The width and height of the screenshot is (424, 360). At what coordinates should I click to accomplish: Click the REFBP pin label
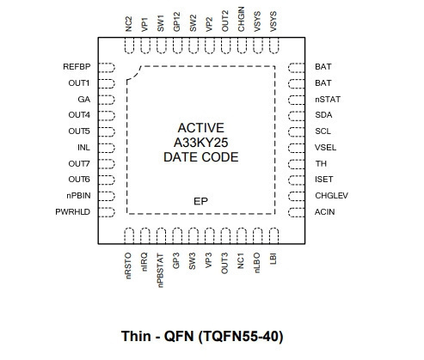[x=77, y=67]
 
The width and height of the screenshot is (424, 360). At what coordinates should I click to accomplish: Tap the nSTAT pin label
[x=328, y=100]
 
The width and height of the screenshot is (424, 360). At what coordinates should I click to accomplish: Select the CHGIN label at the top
[x=242, y=19]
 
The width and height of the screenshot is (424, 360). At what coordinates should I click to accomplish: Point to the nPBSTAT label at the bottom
[x=160, y=270]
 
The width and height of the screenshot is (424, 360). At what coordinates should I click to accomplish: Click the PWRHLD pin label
[x=73, y=212]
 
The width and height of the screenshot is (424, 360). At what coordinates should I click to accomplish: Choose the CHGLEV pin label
[x=331, y=196]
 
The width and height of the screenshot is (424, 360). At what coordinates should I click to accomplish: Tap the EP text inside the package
[x=200, y=201]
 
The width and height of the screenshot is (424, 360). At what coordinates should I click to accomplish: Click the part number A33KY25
[x=200, y=143]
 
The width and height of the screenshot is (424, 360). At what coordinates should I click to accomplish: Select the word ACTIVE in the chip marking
[x=200, y=128]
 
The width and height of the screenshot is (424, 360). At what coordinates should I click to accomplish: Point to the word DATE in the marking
[x=181, y=157]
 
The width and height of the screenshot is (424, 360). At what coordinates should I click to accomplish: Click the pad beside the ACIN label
[x=297, y=212]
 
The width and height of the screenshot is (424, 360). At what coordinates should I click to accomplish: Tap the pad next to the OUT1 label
[x=107, y=83]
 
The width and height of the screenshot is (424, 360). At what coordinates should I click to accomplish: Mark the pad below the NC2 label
[x=129, y=46]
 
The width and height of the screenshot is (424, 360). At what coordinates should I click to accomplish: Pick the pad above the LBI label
[x=273, y=235]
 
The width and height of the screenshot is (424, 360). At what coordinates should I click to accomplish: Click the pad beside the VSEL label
[x=297, y=148]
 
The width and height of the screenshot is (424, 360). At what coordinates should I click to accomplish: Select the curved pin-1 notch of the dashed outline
[x=135, y=75]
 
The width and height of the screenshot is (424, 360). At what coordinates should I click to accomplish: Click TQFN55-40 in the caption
[x=241, y=336]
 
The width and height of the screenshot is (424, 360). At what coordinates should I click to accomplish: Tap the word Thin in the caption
[x=136, y=336]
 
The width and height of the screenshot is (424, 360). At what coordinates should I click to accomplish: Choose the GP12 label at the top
[x=177, y=21]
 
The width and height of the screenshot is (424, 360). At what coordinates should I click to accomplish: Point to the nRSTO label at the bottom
[x=128, y=265]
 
